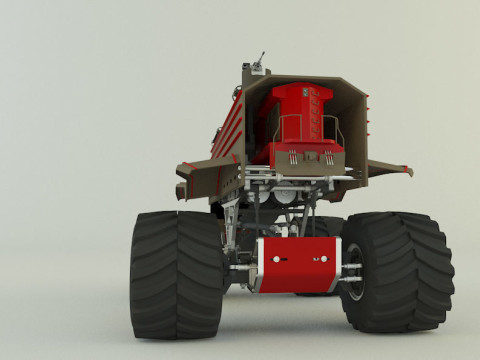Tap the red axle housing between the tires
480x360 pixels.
point(294,265)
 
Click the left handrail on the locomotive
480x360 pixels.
point(282,128)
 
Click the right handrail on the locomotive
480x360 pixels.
point(336,128)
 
